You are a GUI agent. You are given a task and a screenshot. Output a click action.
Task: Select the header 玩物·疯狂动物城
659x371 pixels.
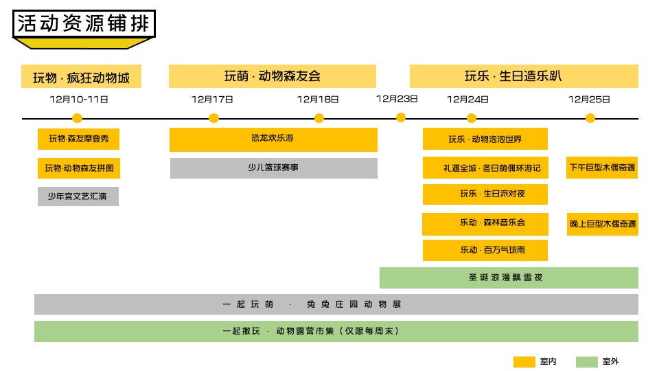click(x=81, y=76)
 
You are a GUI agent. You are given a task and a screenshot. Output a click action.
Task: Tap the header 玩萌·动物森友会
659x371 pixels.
click(x=273, y=76)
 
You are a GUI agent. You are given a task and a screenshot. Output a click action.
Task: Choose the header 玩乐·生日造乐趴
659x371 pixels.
click(x=524, y=76)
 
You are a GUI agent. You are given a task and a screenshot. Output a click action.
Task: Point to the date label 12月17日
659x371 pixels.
click(x=212, y=99)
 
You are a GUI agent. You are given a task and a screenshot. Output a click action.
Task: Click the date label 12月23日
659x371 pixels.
click(x=397, y=98)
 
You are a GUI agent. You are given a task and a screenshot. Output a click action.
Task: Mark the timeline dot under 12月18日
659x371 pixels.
click(x=319, y=118)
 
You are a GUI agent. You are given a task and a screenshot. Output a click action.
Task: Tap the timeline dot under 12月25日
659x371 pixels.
click(x=590, y=118)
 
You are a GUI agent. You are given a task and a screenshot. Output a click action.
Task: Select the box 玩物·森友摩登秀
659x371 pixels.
click(x=78, y=139)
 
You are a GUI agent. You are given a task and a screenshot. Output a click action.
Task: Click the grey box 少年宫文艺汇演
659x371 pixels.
click(x=78, y=196)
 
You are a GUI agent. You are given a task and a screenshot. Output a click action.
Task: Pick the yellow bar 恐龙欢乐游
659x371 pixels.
click(x=273, y=139)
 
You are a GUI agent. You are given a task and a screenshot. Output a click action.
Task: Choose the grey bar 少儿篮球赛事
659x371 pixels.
click(x=273, y=168)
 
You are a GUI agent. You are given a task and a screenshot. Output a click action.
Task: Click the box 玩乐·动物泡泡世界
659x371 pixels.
click(x=485, y=139)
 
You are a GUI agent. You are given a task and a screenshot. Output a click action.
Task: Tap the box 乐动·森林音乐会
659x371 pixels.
click(x=485, y=223)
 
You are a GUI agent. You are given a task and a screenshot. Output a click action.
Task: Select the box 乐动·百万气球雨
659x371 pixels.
click(x=485, y=250)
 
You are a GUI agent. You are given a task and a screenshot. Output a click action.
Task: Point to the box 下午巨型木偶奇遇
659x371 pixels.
click(x=602, y=168)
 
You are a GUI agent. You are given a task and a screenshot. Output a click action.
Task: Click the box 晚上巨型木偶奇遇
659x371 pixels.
click(x=602, y=224)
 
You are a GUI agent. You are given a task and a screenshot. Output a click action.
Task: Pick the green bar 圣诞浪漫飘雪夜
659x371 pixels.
click(x=509, y=278)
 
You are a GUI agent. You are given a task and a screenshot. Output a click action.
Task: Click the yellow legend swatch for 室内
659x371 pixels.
click(x=524, y=361)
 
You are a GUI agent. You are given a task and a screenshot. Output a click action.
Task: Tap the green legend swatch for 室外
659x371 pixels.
click(x=587, y=361)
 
